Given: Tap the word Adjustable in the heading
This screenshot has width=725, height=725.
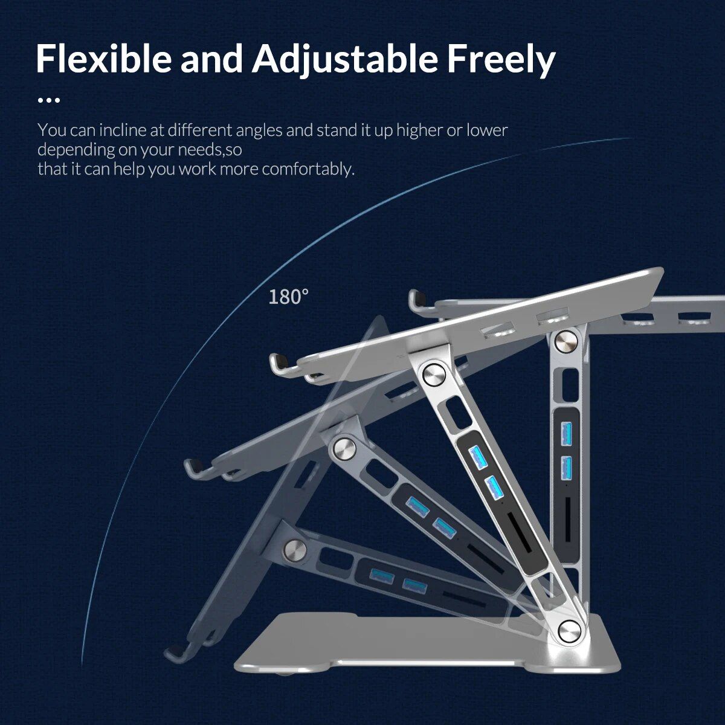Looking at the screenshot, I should (345, 59).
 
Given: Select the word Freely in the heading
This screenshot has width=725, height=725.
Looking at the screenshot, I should (501, 59).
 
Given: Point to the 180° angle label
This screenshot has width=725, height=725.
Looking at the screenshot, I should (288, 297).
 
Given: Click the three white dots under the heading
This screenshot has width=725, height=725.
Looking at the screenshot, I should (49, 100).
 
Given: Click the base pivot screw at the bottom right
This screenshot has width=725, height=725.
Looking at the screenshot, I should (569, 630).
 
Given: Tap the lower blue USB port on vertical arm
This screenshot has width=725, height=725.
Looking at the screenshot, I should (566, 466).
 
